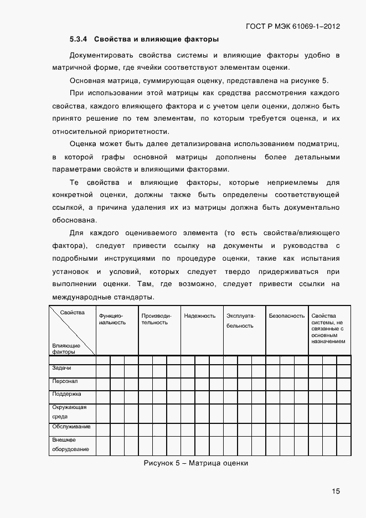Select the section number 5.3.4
click(80, 39)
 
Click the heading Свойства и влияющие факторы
click(157, 39)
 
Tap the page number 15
click(336, 491)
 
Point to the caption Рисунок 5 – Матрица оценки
click(195, 463)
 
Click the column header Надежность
click(200, 316)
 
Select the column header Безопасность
click(286, 316)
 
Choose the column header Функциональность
click(112, 319)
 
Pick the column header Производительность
click(155, 319)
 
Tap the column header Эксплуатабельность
click(240, 320)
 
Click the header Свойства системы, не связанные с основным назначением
click(328, 329)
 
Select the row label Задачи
click(61, 369)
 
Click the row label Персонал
click(64, 381)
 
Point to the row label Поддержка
click(66, 395)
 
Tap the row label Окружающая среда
click(65, 411)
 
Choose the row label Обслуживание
click(71, 427)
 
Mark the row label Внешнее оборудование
click(70, 444)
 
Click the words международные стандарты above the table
click(102, 298)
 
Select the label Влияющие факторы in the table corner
click(66, 349)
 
